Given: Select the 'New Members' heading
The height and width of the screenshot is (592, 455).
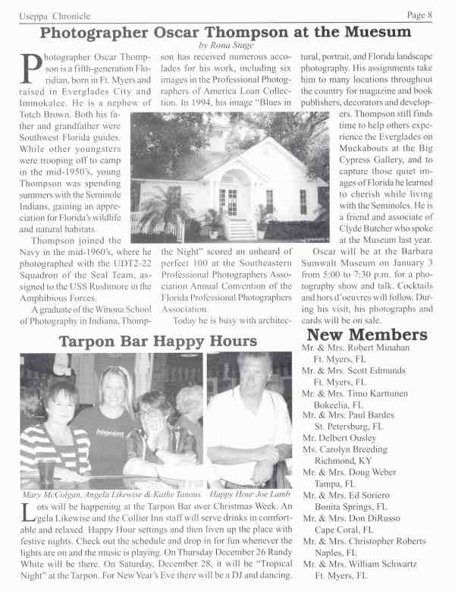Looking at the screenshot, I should [x=367, y=335].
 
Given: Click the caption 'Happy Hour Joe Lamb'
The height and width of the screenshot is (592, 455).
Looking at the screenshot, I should [x=249, y=494].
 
